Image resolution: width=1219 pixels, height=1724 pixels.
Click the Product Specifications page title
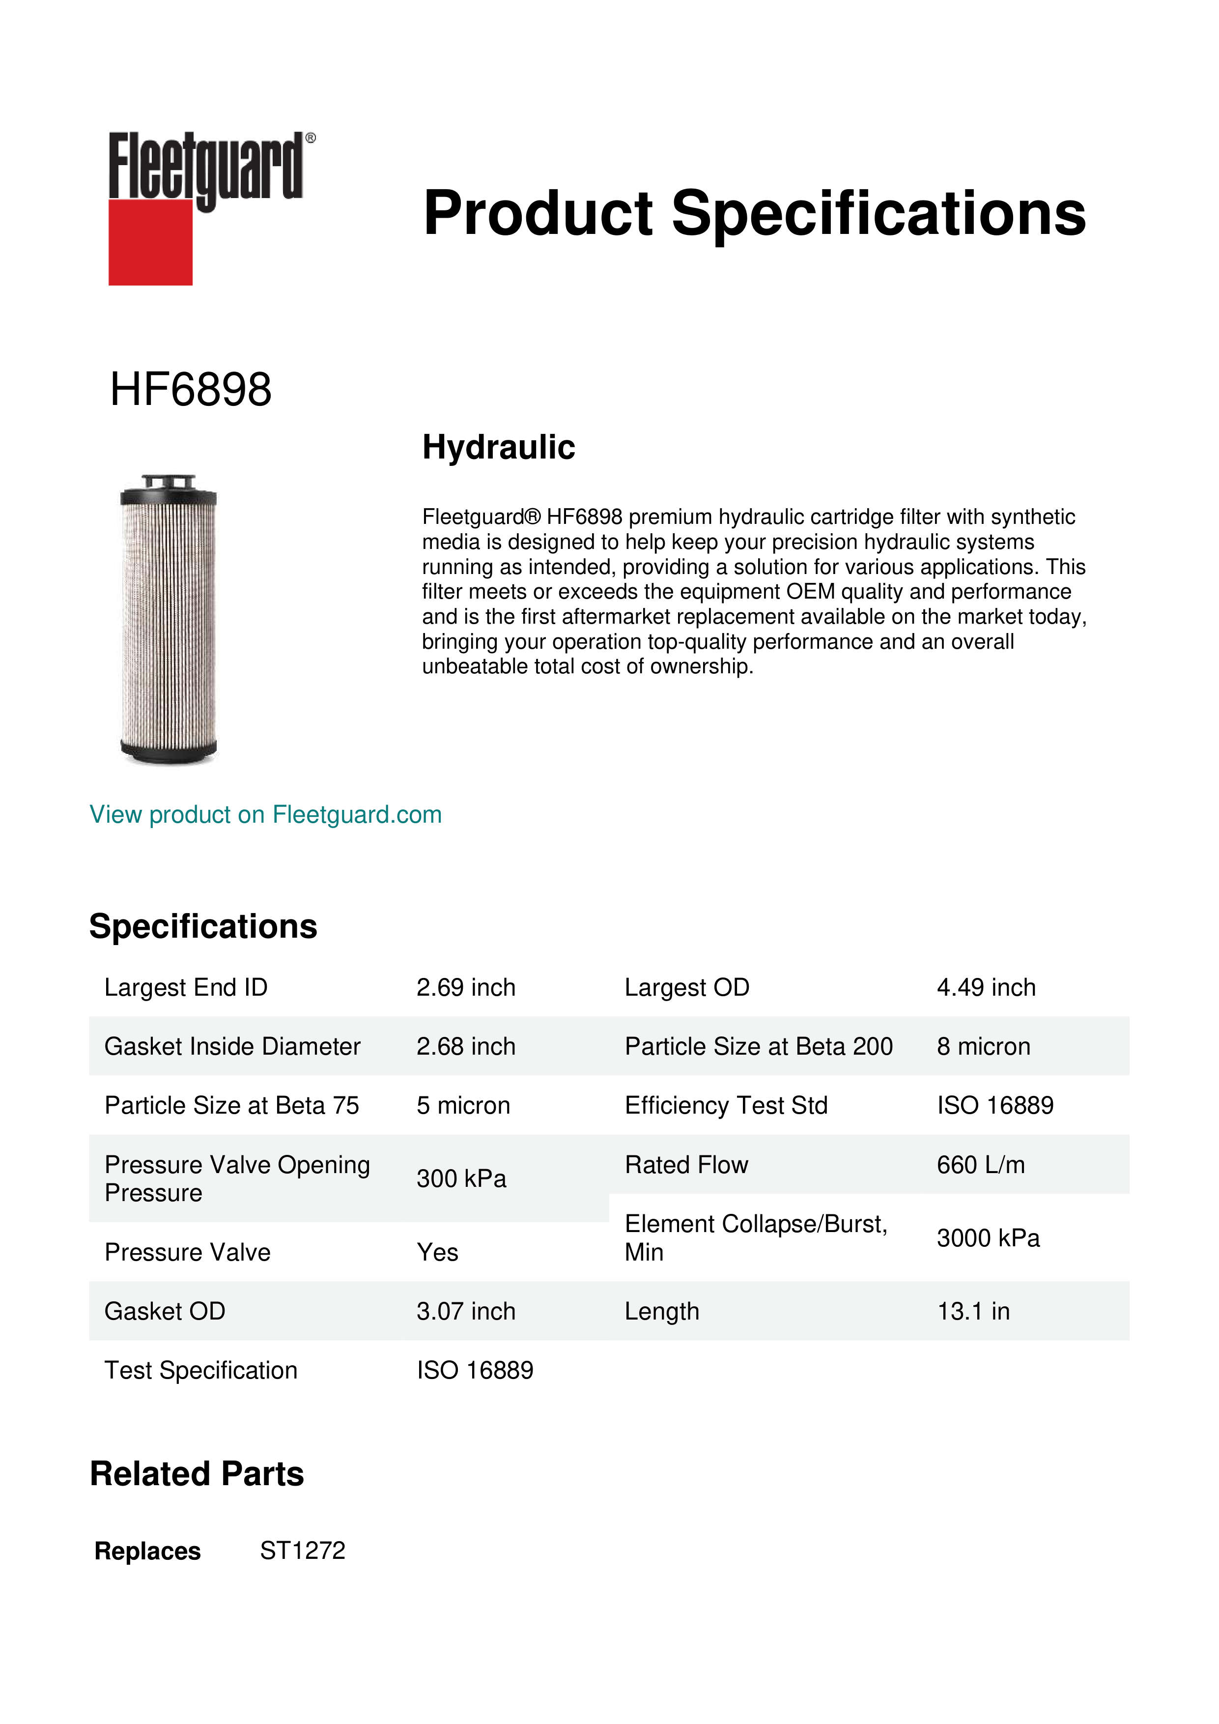[754, 213]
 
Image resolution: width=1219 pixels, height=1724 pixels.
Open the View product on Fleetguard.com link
[266, 815]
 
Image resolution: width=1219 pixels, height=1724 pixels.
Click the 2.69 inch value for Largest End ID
[465, 987]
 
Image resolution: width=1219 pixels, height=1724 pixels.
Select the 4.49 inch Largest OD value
[986, 987]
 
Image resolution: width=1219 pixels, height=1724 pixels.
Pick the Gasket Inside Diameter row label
[232, 1047]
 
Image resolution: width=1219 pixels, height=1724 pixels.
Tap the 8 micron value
[983, 1047]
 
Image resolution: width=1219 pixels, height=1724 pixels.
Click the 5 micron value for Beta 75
[463, 1106]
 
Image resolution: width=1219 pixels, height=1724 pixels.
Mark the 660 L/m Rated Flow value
[980, 1165]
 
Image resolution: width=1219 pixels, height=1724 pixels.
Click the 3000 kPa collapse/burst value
[988, 1238]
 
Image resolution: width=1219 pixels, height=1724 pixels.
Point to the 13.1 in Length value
[973, 1311]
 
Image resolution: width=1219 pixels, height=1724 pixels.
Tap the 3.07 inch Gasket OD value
[465, 1311]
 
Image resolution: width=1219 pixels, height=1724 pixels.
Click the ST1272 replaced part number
[303, 1551]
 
